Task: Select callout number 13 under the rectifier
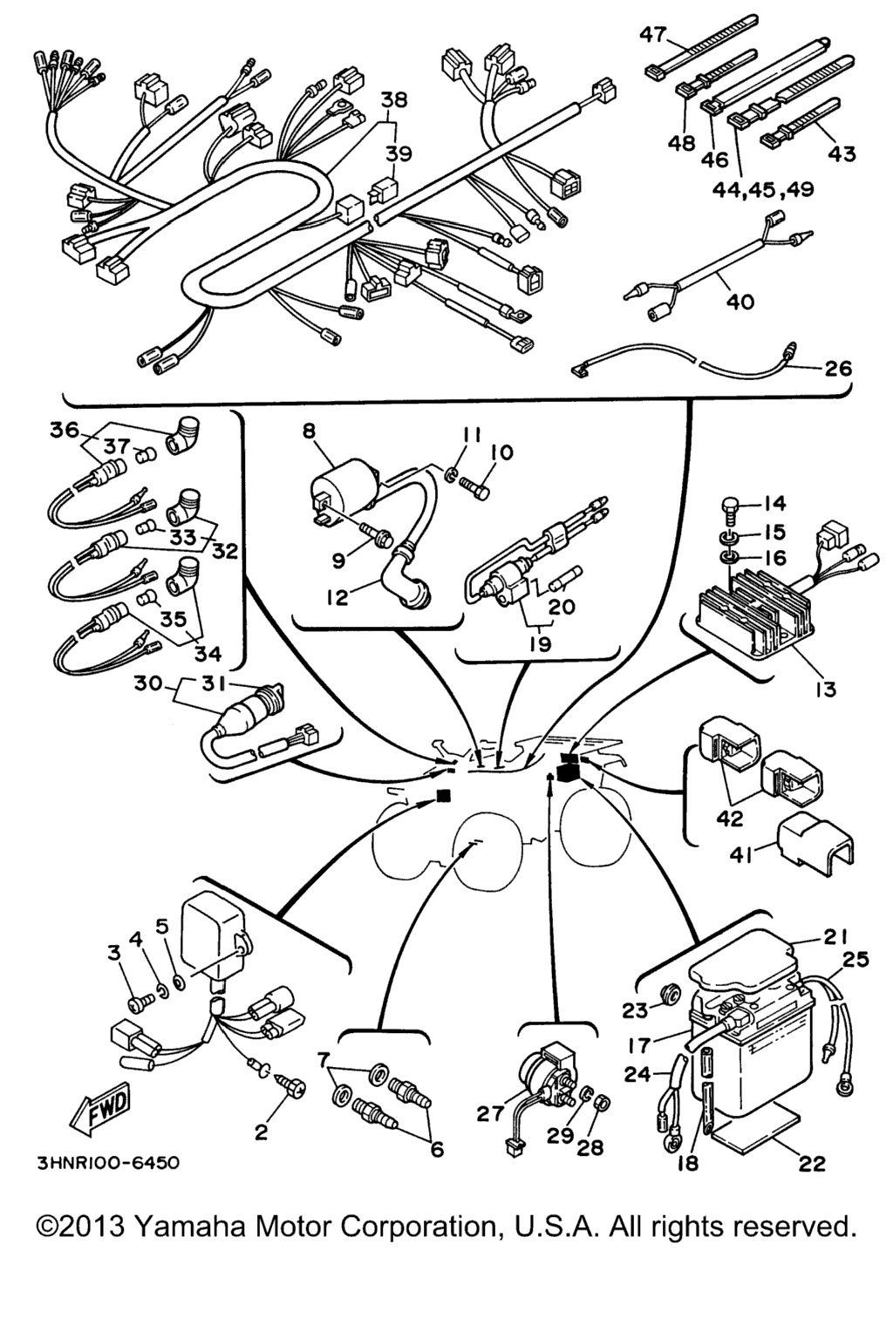point(825,689)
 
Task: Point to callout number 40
point(740,302)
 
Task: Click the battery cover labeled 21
point(741,958)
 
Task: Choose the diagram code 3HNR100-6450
point(108,1163)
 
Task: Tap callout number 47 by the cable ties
point(652,34)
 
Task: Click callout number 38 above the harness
point(393,100)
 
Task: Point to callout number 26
point(837,368)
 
